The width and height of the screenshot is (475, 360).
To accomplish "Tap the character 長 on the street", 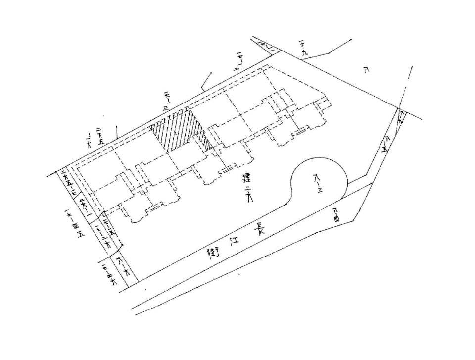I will pyautogui.click(x=259, y=228).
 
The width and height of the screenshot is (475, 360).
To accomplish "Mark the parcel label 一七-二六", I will pyautogui.click(x=102, y=232).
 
